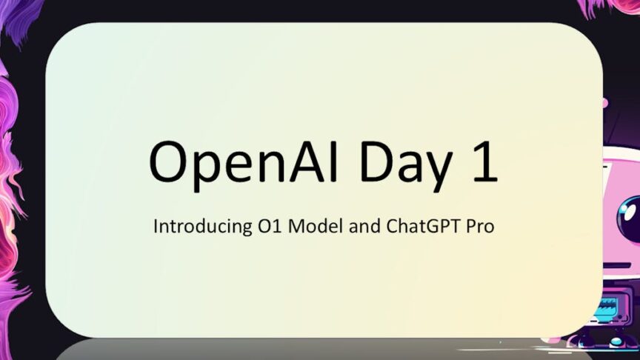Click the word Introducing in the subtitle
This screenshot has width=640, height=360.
pyautogui.click(x=202, y=226)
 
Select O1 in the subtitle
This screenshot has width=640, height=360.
pyautogui.click(x=270, y=226)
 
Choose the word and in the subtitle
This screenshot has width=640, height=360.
pyautogui.click(x=365, y=226)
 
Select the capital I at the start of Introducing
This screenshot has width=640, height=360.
pyautogui.click(x=155, y=226)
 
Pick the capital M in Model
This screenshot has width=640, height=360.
pyautogui.click(x=297, y=226)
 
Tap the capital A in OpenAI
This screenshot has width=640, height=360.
pyautogui.click(x=310, y=161)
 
